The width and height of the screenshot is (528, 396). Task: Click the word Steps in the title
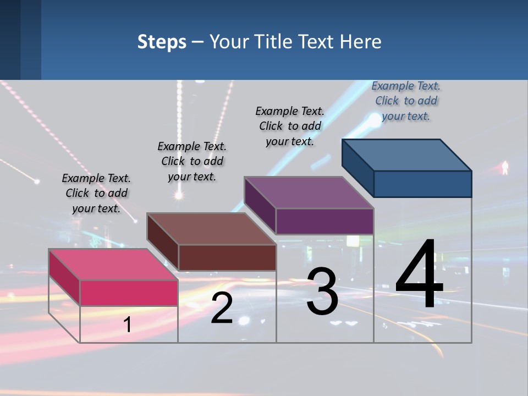pos(162,42)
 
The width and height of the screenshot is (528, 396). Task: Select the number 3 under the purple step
pos(322,292)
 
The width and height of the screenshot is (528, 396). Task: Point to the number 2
pos(222,308)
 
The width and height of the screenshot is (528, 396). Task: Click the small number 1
pos(127,324)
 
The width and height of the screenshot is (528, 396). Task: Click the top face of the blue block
pos(407,155)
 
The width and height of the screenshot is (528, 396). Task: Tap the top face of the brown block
pos(211,228)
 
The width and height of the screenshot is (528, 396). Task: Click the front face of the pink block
pos(129,293)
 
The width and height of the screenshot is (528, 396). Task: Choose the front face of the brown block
pos(227,257)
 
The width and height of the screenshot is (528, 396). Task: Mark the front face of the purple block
pos(324,221)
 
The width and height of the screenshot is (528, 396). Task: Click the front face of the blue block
pos(422,184)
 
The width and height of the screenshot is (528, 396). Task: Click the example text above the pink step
pos(96,193)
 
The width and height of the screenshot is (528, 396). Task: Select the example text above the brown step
pos(192,161)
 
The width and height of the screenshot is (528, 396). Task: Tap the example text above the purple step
pos(290,126)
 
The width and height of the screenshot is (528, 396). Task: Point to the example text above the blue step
pos(406,101)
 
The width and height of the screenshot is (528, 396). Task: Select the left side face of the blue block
pos(358,167)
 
